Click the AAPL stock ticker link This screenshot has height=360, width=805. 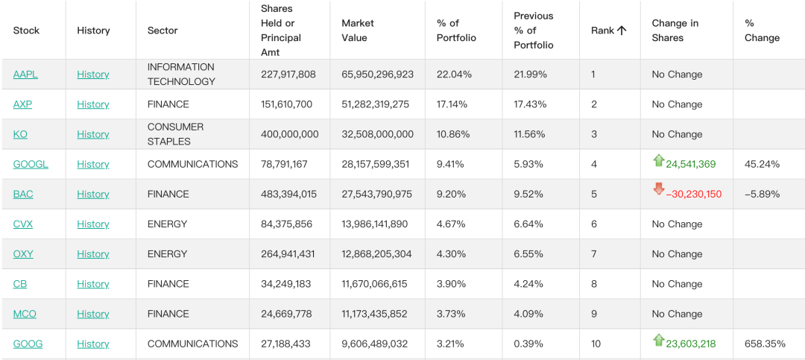tap(25, 75)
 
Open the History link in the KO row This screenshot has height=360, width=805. tap(93, 134)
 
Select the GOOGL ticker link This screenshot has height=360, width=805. tap(31, 164)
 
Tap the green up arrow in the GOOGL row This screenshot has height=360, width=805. tap(659, 161)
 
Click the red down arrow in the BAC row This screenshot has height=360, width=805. tap(659, 189)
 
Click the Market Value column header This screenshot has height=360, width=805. tap(358, 31)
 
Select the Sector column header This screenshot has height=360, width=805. tap(162, 31)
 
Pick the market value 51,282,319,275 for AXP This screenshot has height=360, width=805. tap(375, 104)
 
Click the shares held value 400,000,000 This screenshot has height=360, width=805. tap(289, 134)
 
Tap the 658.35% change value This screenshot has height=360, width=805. tap(765, 344)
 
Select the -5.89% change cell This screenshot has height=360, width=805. tap(762, 194)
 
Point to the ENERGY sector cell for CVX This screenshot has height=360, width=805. tap(168, 224)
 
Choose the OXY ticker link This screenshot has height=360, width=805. tap(23, 254)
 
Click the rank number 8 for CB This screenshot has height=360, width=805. tap(594, 284)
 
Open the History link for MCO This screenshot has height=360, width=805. tap(93, 314)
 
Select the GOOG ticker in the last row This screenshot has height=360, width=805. tap(28, 344)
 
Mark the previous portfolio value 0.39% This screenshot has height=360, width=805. tap(528, 344)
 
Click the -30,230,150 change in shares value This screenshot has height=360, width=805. tap(694, 194)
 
